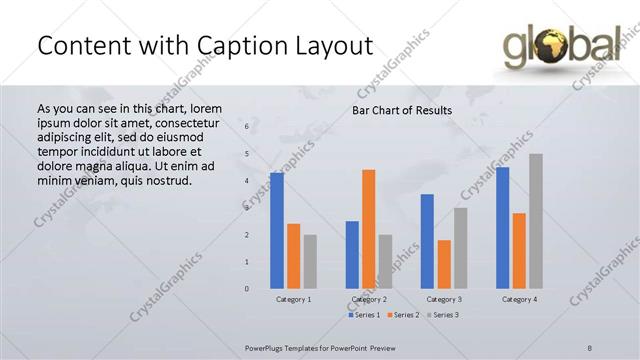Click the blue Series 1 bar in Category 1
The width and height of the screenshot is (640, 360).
click(x=276, y=231)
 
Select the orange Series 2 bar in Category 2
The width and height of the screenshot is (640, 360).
click(x=369, y=229)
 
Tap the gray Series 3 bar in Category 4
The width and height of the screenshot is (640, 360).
click(x=536, y=221)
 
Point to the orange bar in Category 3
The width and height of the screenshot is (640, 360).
click(x=444, y=264)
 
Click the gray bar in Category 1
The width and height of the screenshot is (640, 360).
click(x=310, y=261)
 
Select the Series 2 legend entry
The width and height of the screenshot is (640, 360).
click(x=404, y=315)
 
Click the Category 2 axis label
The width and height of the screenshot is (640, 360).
click(x=369, y=299)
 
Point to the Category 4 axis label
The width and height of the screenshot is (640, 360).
click(x=519, y=299)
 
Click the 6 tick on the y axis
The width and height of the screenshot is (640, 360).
click(x=246, y=127)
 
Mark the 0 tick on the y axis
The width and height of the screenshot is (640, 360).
click(x=246, y=289)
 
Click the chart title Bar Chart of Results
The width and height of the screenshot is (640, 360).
click(x=401, y=110)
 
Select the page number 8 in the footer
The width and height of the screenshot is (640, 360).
click(x=590, y=347)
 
